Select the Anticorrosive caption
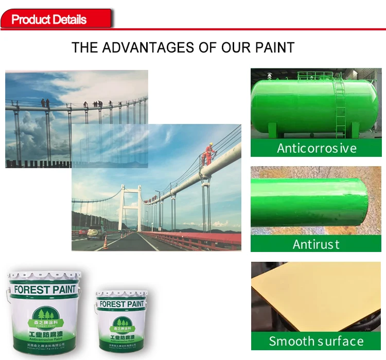pyautogui.click(x=316, y=148)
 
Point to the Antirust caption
pyautogui.click(x=316, y=243)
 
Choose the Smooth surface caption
pyautogui.click(x=316, y=341)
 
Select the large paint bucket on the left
pyautogui.click(x=44, y=314)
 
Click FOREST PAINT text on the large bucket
pyautogui.click(x=44, y=290)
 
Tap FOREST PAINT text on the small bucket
pyautogui.click(x=122, y=304)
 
